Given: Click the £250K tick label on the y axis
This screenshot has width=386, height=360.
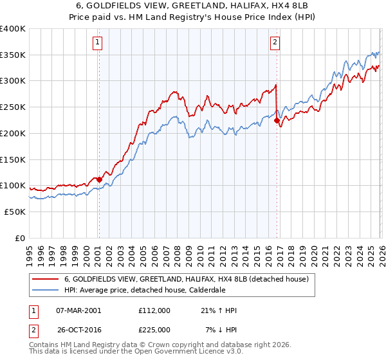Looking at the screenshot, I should tap(12, 107).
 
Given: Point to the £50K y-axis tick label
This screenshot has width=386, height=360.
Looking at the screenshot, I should tap(14, 212).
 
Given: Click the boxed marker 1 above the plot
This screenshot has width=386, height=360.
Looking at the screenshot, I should tap(98, 43).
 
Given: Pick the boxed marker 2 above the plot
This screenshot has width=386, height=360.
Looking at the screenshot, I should tap(275, 43).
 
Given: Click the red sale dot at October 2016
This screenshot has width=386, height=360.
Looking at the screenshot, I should tap(277, 120).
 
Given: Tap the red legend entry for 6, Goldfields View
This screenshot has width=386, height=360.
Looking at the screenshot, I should tap(187, 279).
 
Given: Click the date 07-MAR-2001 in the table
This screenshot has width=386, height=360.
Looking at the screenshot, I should tap(78, 310).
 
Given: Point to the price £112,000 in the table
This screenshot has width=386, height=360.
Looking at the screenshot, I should tap(154, 310).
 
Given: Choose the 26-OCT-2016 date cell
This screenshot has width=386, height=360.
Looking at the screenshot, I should tap(78, 329).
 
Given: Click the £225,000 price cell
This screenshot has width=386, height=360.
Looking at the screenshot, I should tap(154, 329).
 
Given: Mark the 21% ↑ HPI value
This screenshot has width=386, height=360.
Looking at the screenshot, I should tap(219, 310).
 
